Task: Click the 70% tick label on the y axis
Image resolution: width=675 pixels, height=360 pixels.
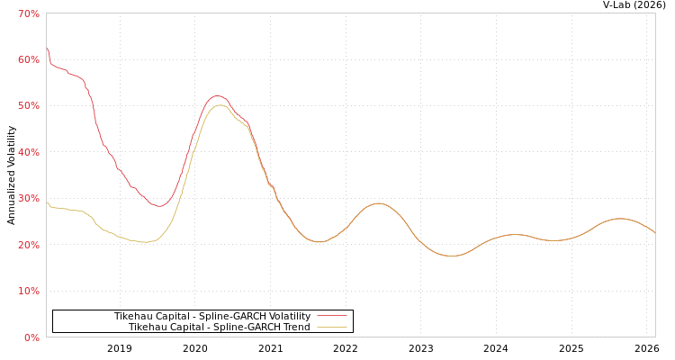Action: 29,13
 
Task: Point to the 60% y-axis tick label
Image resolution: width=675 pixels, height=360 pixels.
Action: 29,59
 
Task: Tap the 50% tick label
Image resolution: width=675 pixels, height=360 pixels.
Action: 29,106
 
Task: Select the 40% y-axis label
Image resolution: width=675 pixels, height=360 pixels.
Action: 29,152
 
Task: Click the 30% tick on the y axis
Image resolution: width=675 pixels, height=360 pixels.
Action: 29,199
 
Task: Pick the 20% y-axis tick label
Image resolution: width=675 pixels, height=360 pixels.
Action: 29,245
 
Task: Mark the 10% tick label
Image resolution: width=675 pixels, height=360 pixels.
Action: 29,292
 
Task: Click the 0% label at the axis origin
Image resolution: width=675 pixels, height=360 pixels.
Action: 31,337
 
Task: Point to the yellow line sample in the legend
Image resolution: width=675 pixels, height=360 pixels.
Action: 331,328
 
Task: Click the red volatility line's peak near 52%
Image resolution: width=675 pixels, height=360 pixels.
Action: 217,95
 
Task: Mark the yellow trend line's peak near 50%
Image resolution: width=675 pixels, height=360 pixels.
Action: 220,105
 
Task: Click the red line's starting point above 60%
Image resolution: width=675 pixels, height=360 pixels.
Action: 47,48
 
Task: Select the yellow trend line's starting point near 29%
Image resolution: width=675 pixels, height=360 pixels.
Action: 47,202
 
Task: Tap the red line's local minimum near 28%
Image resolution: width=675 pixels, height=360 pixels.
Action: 158,206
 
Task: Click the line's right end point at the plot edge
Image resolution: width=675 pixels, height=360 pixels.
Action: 654,233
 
